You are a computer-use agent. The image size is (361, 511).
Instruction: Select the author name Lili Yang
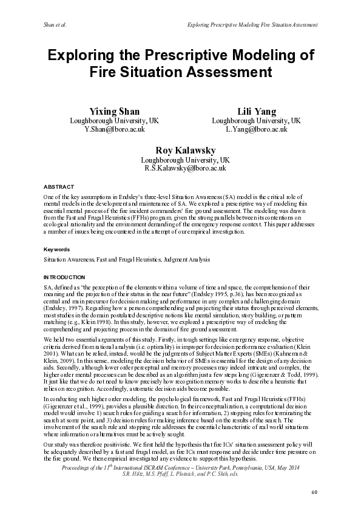256,111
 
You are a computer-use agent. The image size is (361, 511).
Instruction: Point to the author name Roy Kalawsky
186,150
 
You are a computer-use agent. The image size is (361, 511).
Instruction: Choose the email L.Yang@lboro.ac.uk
256,129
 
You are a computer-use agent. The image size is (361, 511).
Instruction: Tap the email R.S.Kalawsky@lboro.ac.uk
186,168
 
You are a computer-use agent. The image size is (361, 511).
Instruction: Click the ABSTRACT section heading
59,186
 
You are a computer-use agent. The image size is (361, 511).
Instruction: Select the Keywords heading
56,249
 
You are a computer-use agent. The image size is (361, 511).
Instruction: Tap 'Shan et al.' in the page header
55,25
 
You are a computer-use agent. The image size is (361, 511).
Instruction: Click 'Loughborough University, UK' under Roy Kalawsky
186,160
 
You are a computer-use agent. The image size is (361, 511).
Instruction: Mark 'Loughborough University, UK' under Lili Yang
256,120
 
